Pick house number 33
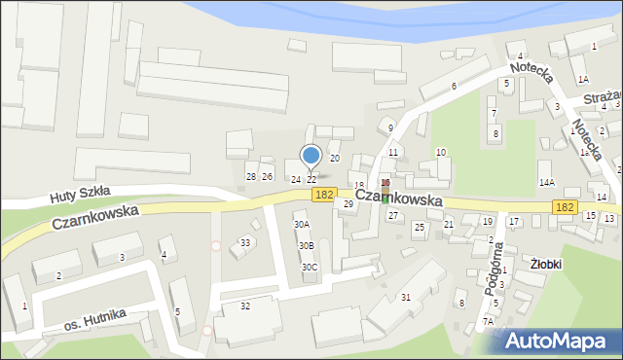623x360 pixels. pyautogui.click(x=246, y=242)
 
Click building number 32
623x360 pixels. pyautogui.click(x=245, y=306)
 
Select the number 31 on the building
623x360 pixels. pyautogui.click(x=405, y=297)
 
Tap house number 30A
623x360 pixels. pyautogui.click(x=302, y=225)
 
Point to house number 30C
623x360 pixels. pyautogui.click(x=309, y=267)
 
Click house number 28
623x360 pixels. pyautogui.click(x=250, y=176)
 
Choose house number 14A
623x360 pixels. pyautogui.click(x=546, y=182)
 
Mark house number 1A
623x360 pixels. pyautogui.click(x=582, y=80)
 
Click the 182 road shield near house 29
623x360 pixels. pyautogui.click(x=325, y=196)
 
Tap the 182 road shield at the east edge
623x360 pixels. pyautogui.click(x=563, y=207)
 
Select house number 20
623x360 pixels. pyautogui.click(x=334, y=158)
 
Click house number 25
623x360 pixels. pyautogui.click(x=419, y=227)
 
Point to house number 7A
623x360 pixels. pyautogui.click(x=488, y=321)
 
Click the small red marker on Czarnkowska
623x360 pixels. pyautogui.click(x=385, y=184)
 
